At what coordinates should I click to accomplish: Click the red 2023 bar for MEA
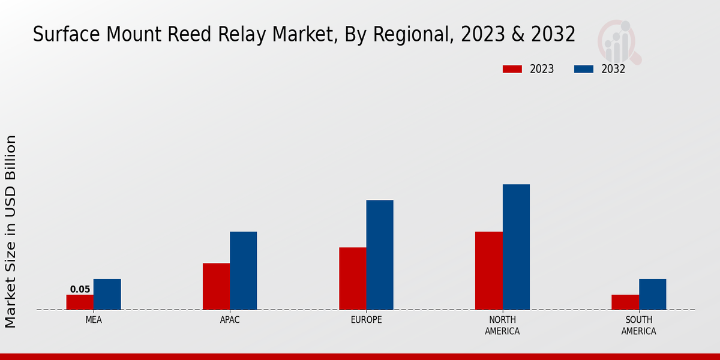click(80, 302)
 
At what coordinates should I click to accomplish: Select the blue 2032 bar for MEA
click(107, 295)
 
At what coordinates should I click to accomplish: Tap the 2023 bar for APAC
click(216, 287)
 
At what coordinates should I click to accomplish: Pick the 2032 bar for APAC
click(243, 271)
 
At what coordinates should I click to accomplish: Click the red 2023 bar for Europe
click(352, 278)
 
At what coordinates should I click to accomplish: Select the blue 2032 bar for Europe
click(380, 255)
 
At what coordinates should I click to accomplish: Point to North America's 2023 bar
click(488, 271)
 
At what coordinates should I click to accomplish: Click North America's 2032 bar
click(516, 247)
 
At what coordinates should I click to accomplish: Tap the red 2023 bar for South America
click(625, 302)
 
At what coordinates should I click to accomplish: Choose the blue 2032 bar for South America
click(652, 295)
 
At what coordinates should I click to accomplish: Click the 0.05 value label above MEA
click(80, 289)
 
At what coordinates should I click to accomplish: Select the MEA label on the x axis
click(94, 320)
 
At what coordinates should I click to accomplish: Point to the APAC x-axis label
click(230, 320)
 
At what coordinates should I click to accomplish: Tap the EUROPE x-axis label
click(366, 320)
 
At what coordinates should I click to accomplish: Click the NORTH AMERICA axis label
click(502, 325)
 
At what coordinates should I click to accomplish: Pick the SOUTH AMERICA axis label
click(638, 325)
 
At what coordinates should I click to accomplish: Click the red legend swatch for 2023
click(512, 69)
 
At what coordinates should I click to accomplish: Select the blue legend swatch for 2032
click(584, 69)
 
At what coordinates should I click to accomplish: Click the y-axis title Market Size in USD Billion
click(11, 232)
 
